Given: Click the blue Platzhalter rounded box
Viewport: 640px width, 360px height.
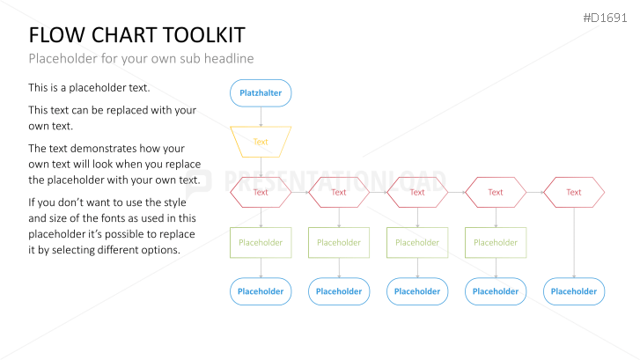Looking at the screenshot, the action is (261, 93).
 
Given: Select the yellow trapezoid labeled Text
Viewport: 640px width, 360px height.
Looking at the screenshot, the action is (261, 142).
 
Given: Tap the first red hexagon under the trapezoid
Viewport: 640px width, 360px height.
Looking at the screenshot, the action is (261, 192).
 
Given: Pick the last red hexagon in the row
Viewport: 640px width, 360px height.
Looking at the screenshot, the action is (574, 192).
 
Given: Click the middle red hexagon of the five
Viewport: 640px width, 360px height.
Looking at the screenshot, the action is (417, 192).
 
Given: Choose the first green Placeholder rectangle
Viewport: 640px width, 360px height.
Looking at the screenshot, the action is (261, 242).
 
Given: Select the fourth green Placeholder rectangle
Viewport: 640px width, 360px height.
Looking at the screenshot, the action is (496, 242).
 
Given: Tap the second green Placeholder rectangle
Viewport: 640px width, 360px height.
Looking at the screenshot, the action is (339, 242).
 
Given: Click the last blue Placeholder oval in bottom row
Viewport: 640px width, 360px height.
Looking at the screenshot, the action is (574, 291).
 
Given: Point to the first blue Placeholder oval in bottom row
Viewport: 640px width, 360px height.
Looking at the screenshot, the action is (261, 291).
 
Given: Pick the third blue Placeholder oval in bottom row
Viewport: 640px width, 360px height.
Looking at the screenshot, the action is (417, 291).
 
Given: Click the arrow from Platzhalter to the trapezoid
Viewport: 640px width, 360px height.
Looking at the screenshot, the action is (261, 117).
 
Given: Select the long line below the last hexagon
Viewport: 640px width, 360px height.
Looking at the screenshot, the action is (574, 243).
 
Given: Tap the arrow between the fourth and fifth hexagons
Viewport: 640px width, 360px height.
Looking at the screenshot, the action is (534, 192).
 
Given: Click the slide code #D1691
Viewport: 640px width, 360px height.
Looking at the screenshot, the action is (605, 18).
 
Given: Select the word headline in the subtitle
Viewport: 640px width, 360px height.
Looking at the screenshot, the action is (229, 59).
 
